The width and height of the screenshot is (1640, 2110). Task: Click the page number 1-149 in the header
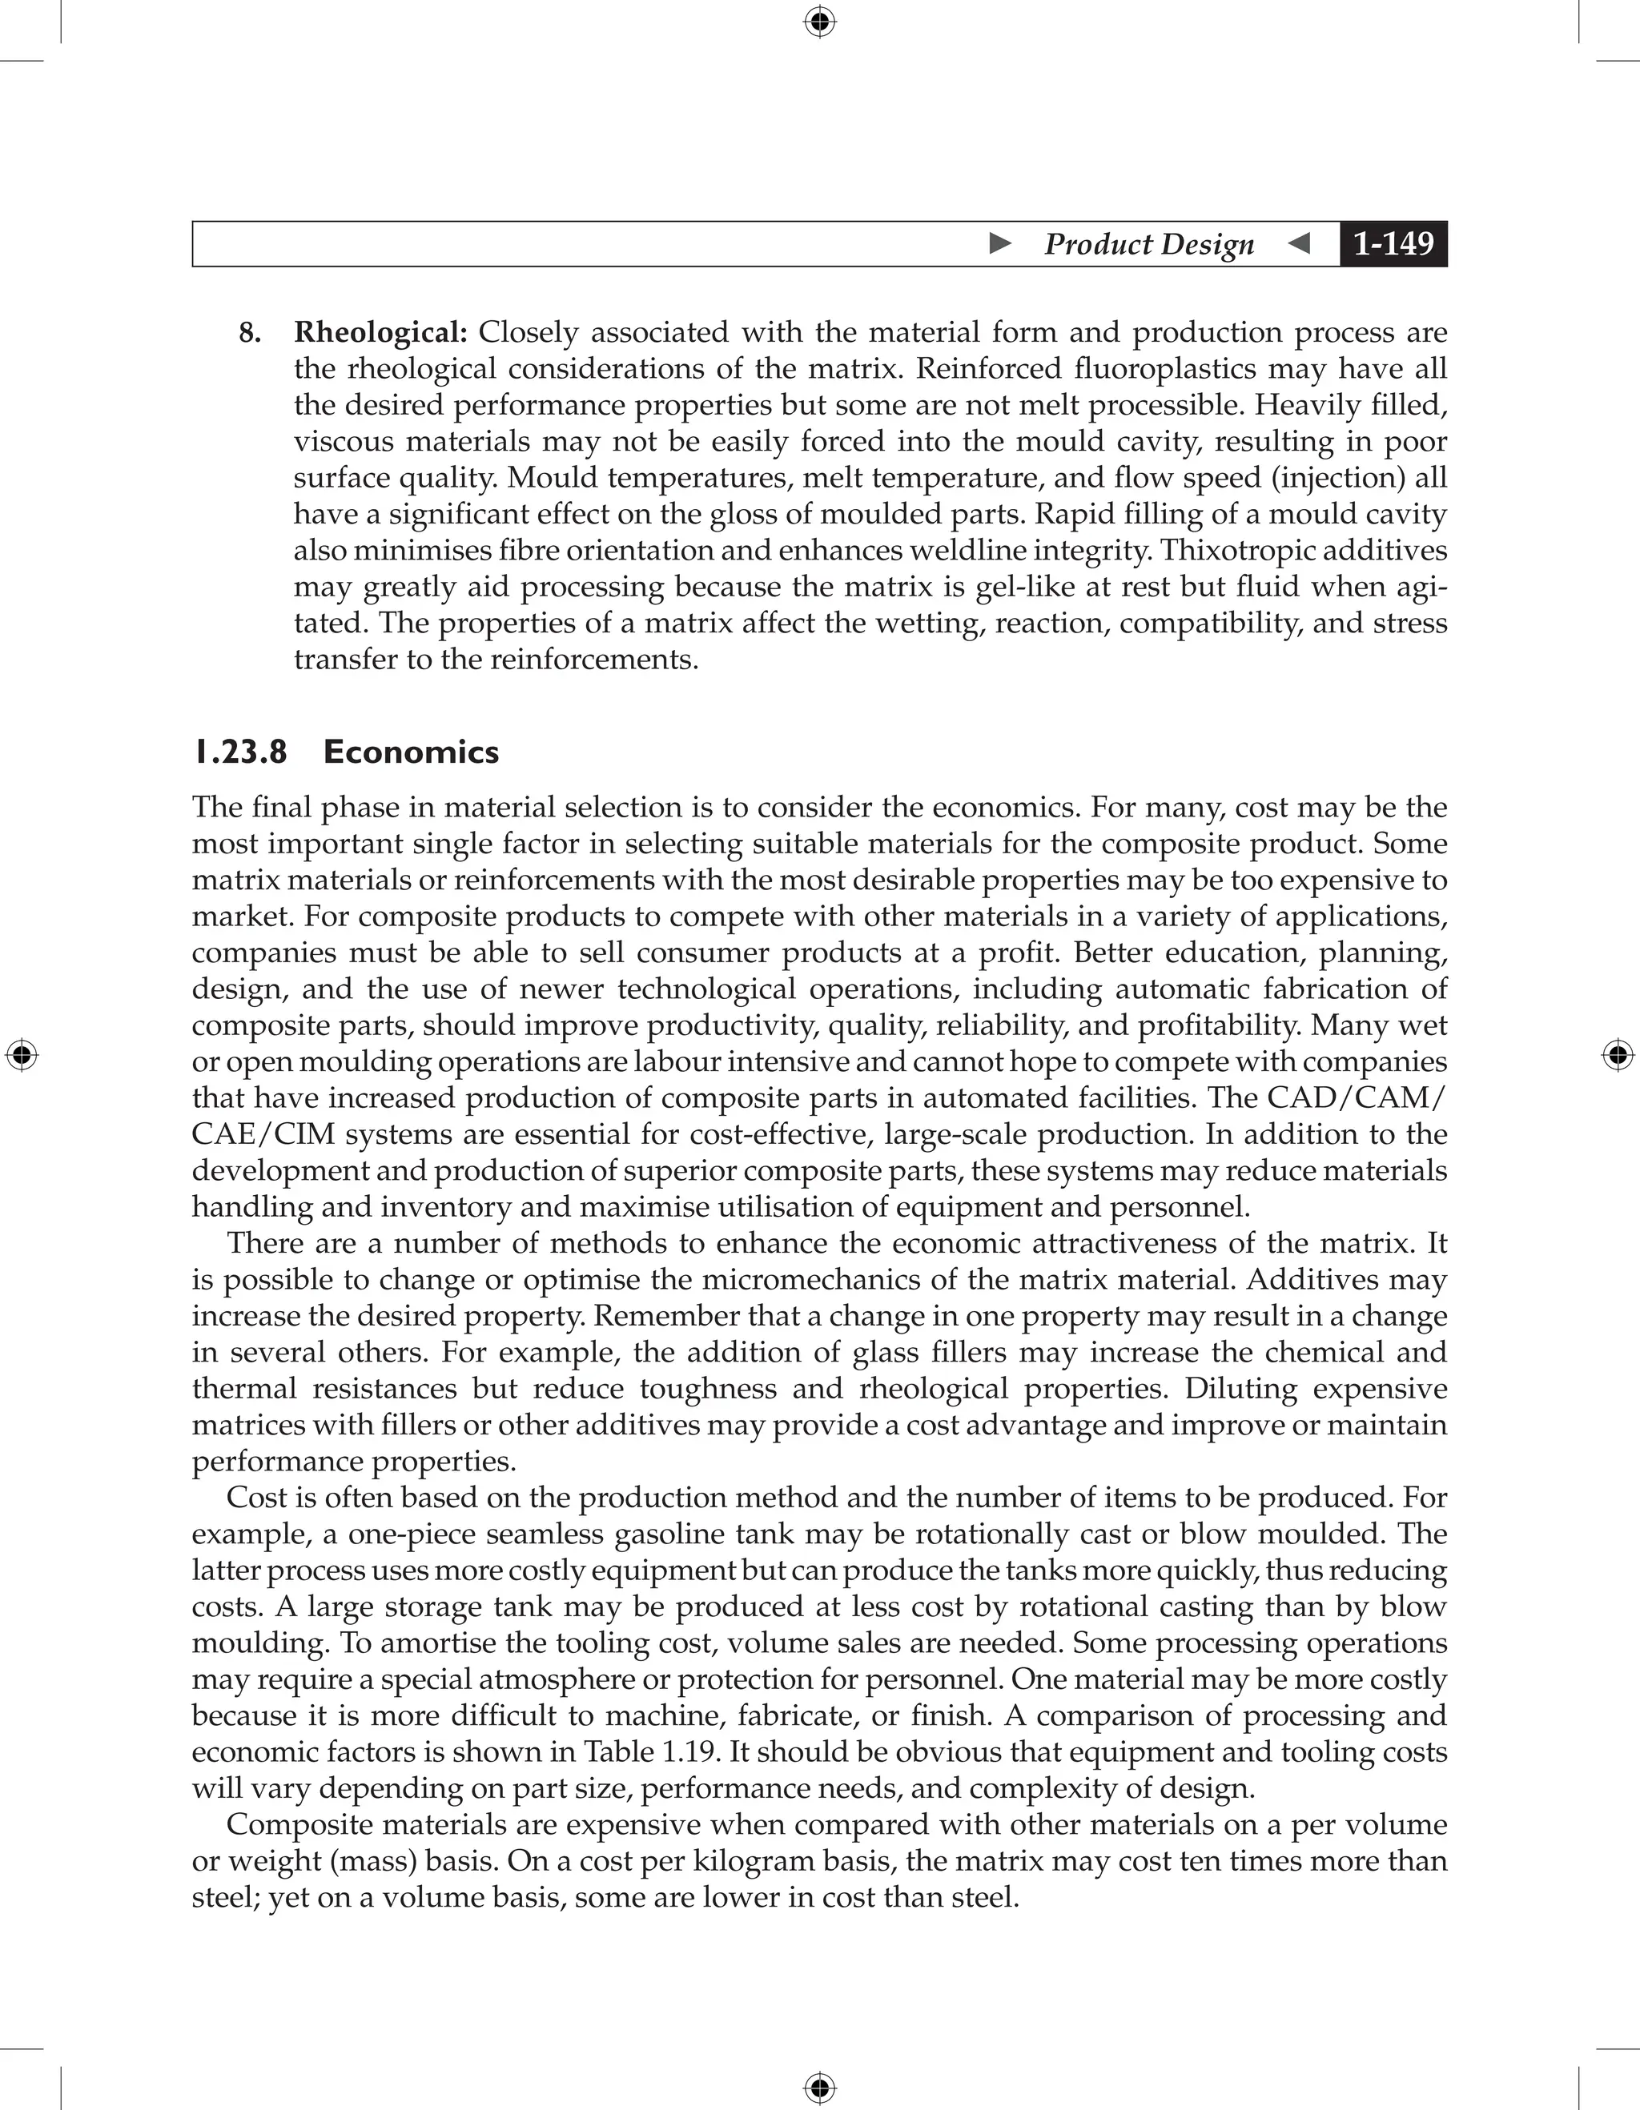coord(1393,243)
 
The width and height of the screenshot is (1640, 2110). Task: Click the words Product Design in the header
coord(1148,243)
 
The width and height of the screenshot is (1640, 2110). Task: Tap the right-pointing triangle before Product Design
coord(1000,243)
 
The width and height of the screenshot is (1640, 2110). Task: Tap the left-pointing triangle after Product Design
coord(1300,243)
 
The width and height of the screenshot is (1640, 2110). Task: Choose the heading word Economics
coord(411,752)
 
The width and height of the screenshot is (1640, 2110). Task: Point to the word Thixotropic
coord(1236,551)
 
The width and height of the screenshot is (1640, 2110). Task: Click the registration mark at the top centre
coord(819,22)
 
